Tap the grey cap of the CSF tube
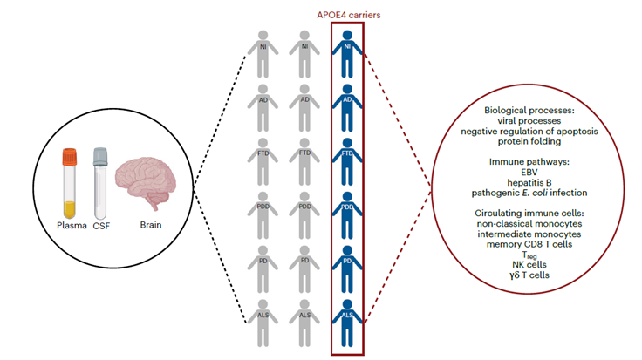pos(99,158)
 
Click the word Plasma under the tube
pos(71,228)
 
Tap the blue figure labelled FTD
pos(347,159)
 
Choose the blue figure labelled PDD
pos(347,213)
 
